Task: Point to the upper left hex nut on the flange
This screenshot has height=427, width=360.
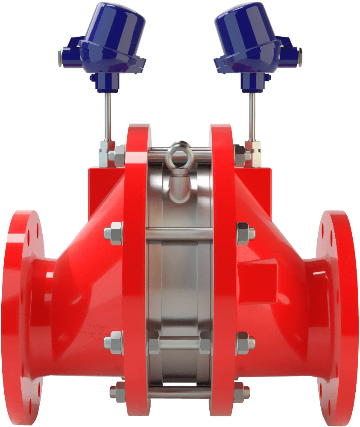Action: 114,233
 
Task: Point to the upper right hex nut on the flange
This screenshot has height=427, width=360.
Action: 246,233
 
